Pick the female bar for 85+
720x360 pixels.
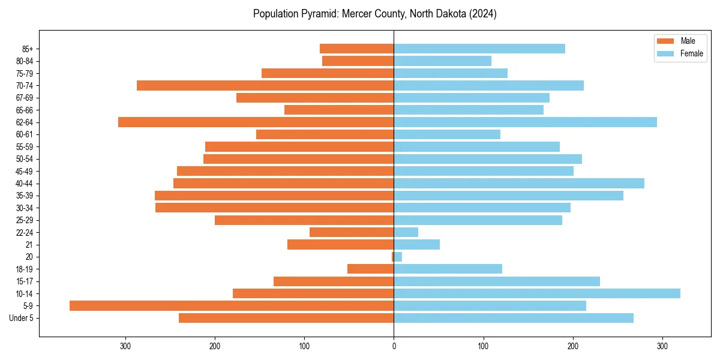coord(479,49)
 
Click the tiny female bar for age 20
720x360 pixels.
coord(398,257)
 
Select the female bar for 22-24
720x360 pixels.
coord(406,232)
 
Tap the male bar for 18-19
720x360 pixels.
coord(371,269)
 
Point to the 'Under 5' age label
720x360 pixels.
coord(22,318)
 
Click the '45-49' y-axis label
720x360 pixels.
coord(25,171)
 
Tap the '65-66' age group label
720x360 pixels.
coord(25,110)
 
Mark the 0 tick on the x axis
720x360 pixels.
coord(394,346)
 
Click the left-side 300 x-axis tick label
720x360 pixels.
coord(125,346)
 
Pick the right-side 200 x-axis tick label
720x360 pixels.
coord(572,346)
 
